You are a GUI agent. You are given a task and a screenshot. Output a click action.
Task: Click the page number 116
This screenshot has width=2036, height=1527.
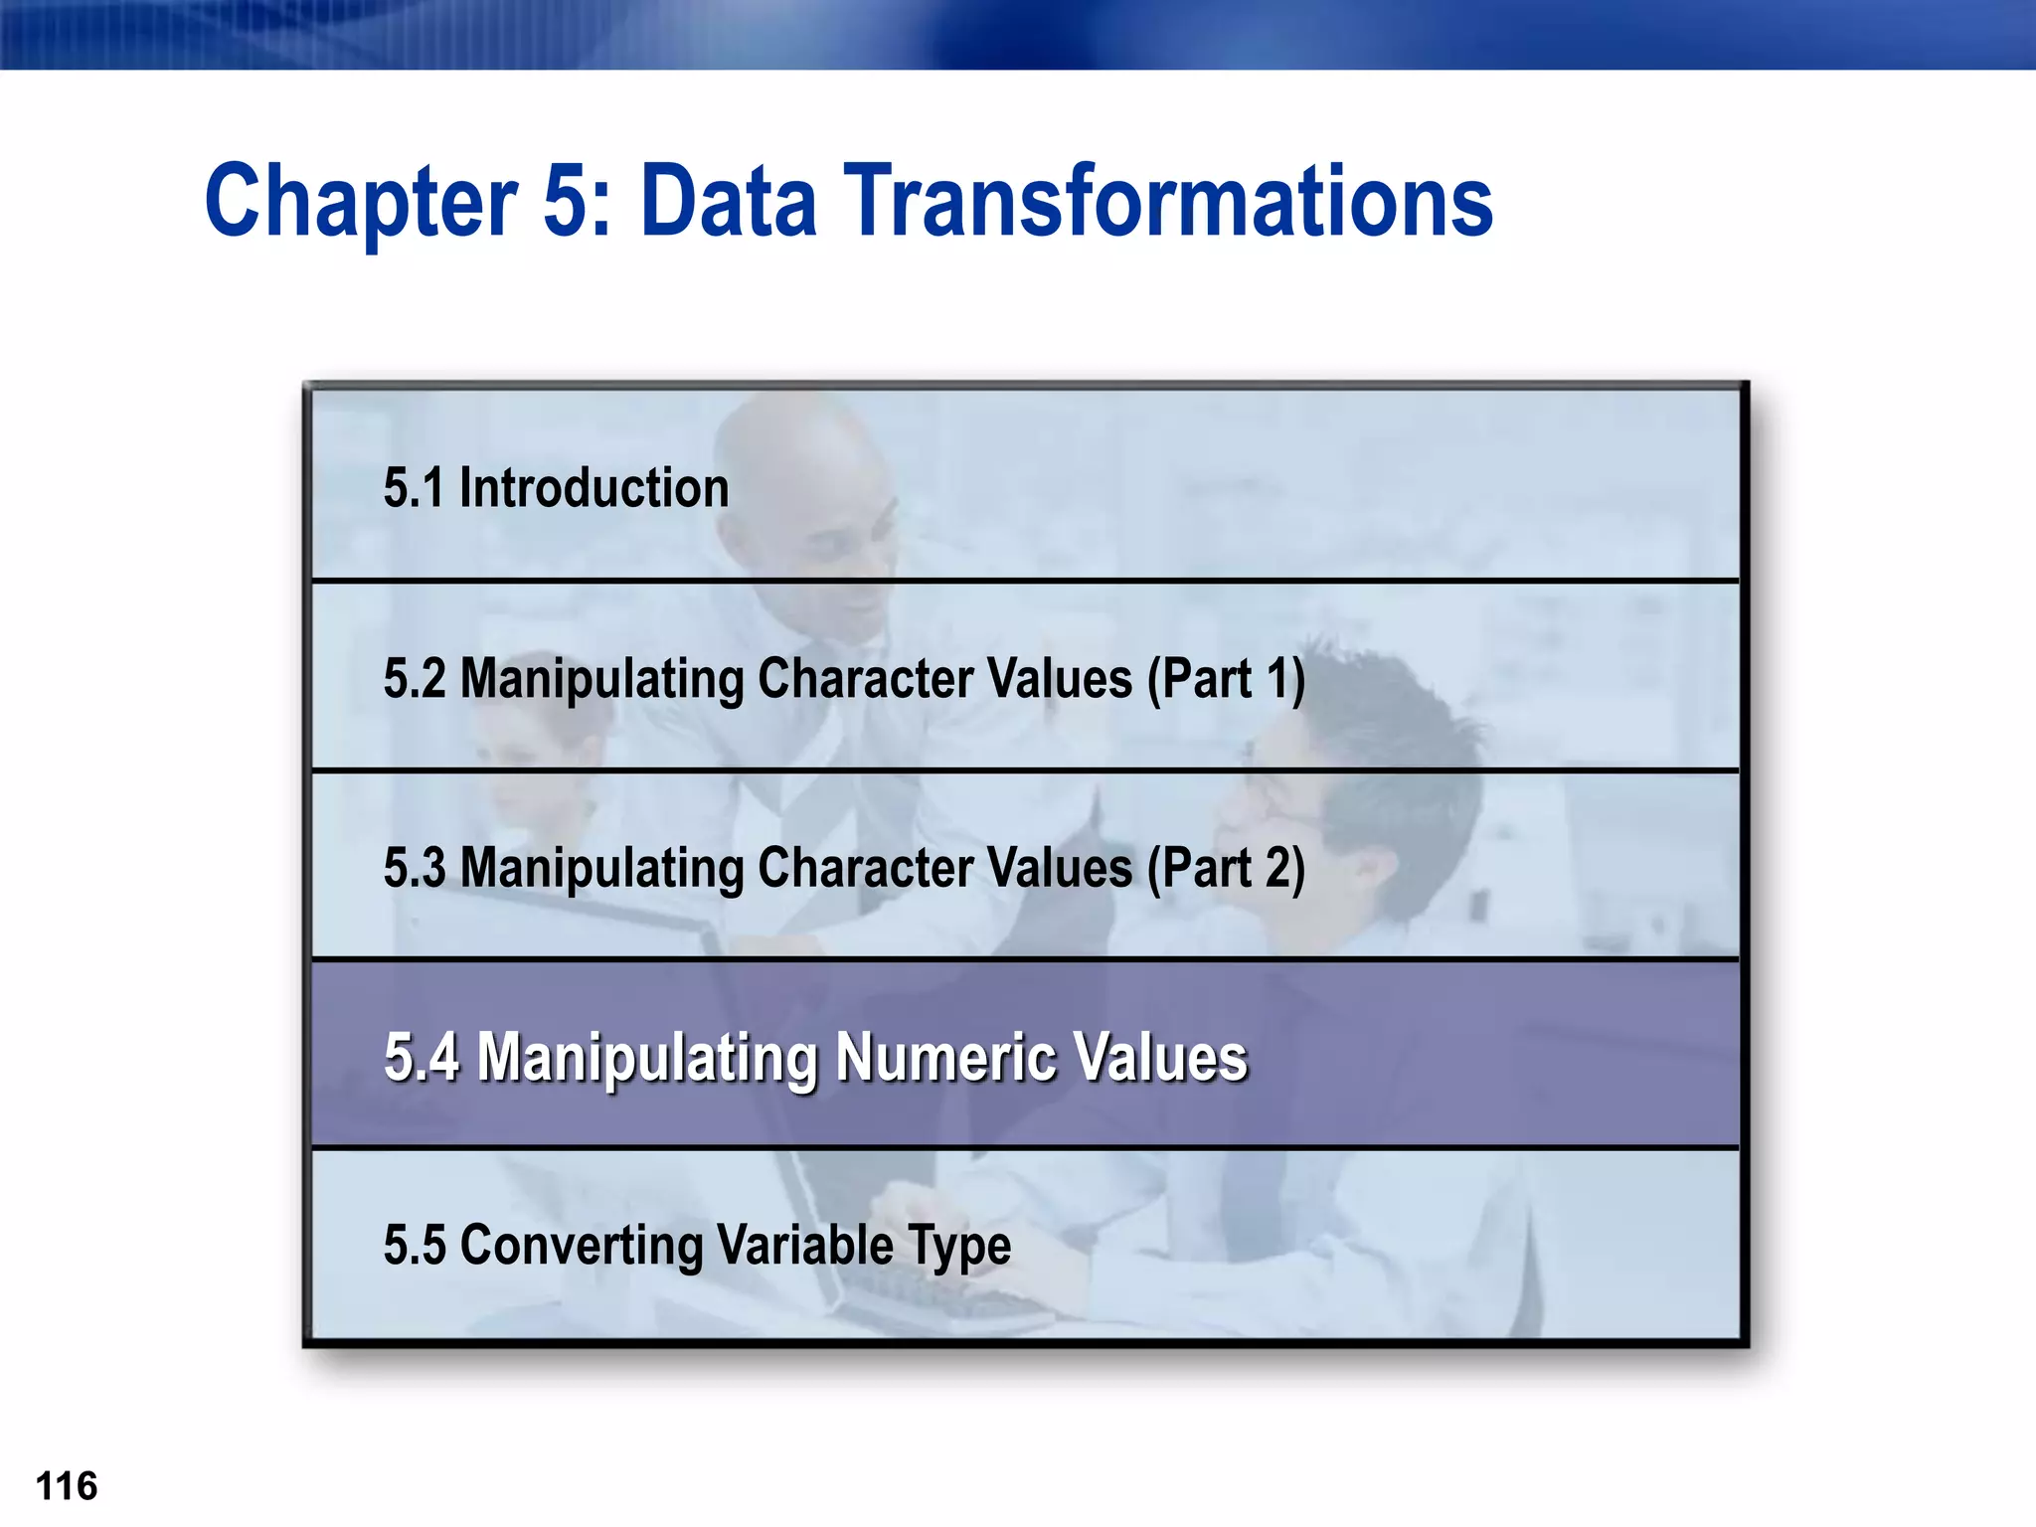[x=67, y=1486]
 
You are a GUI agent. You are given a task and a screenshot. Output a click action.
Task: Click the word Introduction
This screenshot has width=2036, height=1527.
[x=594, y=488]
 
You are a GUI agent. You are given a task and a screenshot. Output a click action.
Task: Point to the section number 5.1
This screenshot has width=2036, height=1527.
[x=414, y=488]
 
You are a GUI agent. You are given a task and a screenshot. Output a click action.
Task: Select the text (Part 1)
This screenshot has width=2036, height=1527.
[x=1226, y=679]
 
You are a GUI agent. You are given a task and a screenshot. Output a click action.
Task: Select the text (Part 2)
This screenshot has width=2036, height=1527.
[x=1226, y=868]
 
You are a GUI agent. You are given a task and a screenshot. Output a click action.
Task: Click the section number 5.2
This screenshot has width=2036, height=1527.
[x=415, y=679]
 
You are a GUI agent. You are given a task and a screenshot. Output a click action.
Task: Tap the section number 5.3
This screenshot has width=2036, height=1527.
[x=415, y=868]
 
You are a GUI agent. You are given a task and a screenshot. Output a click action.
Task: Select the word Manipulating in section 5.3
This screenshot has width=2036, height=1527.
[x=601, y=868]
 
